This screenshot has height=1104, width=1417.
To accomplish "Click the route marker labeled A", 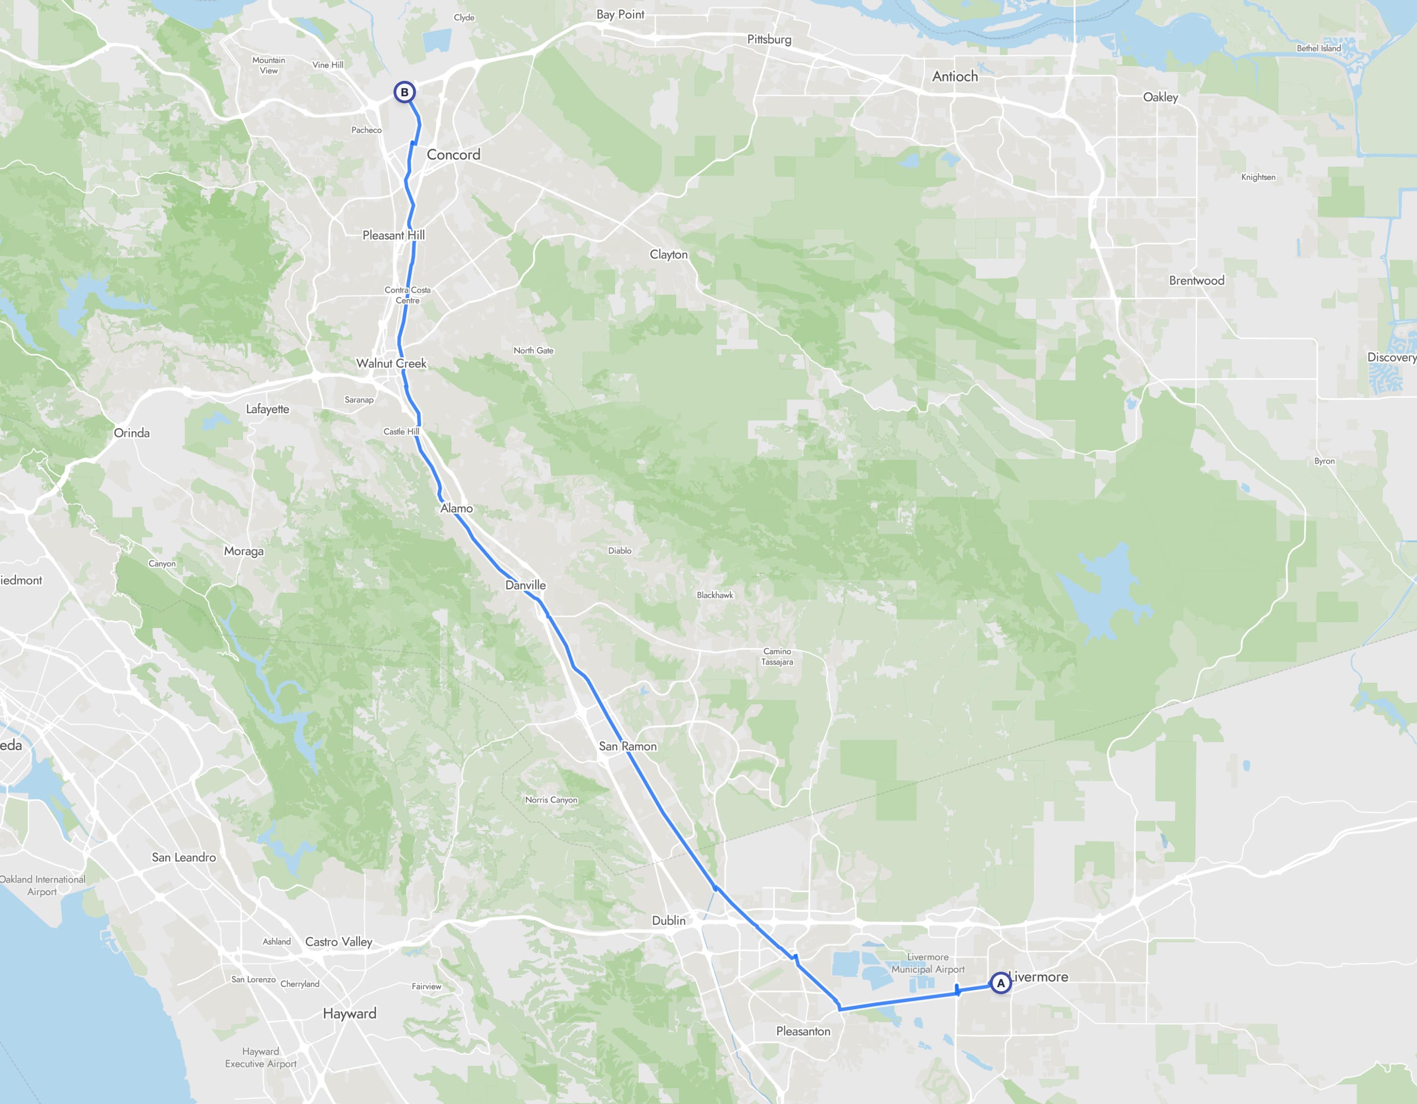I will tap(1001, 983).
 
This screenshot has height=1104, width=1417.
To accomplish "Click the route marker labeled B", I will tap(404, 92).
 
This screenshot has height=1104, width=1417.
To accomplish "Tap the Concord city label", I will tap(453, 154).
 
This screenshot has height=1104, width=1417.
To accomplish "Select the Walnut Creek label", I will tap(391, 364).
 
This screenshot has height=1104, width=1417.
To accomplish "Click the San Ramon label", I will tap(627, 746).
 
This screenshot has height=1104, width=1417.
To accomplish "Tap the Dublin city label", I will tap(668, 920).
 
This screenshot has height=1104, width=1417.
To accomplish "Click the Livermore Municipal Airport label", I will tap(928, 963).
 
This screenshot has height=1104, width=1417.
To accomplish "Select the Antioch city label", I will tap(954, 77).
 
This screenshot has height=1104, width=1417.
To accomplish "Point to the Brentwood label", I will tap(1196, 280).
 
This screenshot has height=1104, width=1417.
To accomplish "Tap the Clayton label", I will tap(668, 254).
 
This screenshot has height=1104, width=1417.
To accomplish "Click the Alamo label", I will tap(456, 508).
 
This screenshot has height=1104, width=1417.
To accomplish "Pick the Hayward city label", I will tap(349, 1013).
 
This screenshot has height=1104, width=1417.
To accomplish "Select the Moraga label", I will tap(243, 551).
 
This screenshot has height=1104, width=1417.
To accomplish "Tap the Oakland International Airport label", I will tap(42, 885).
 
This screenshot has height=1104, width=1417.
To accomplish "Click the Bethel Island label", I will tap(1318, 48).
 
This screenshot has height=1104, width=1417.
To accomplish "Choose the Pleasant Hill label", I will tap(393, 235).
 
